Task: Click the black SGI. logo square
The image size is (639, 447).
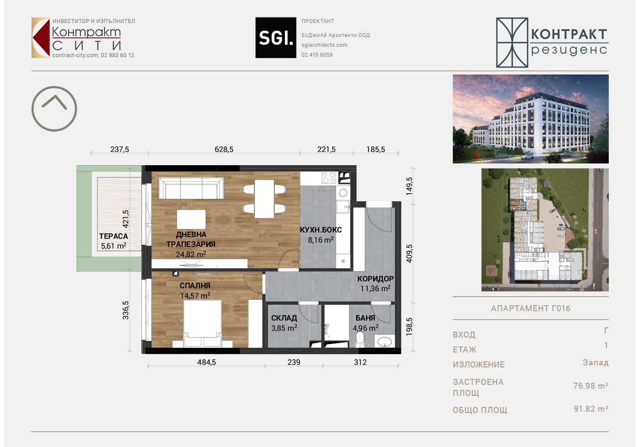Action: [x=276, y=37]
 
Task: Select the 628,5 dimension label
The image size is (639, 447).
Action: [x=224, y=149]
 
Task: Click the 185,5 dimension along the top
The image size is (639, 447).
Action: [x=376, y=149]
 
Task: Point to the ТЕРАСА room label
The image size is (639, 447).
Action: [x=114, y=236]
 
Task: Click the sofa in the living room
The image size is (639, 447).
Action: [x=191, y=188]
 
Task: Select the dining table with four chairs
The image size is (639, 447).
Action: [x=264, y=199]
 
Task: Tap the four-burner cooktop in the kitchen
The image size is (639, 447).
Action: [x=328, y=178]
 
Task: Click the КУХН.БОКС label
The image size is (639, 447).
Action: [x=321, y=230]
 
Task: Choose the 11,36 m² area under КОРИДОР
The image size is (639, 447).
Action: [x=375, y=289]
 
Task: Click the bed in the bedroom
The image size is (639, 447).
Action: [x=202, y=324]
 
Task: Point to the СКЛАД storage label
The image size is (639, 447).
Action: [x=284, y=318]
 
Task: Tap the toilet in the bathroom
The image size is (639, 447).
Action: [x=360, y=339]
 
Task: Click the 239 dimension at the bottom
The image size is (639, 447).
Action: [x=294, y=362]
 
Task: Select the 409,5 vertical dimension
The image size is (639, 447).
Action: [x=409, y=254]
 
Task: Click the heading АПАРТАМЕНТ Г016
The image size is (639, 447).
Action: [x=531, y=309]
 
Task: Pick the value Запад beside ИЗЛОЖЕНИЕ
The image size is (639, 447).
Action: [x=596, y=363]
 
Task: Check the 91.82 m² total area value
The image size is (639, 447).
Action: [x=591, y=409]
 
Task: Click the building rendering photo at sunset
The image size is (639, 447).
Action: [x=531, y=119]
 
